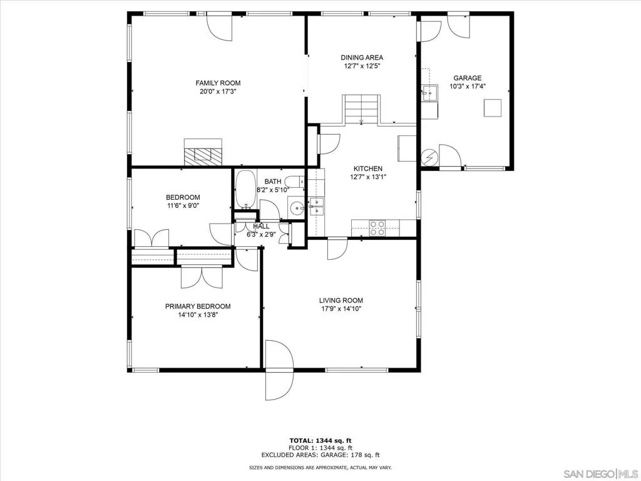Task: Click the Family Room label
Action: (218, 83)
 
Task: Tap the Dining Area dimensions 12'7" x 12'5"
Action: (362, 66)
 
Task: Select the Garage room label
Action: (467, 78)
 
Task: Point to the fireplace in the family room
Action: (203, 152)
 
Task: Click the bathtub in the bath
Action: (245, 190)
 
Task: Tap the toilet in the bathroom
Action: (294, 181)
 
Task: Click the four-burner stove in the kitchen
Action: (377, 228)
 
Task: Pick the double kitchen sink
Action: (316, 206)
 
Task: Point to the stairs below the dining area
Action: (361, 109)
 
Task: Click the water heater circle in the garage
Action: (429, 157)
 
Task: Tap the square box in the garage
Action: (492, 108)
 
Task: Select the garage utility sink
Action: (429, 93)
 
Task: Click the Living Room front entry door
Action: (279, 370)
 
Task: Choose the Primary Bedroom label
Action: (198, 306)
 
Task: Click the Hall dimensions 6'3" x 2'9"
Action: (261, 235)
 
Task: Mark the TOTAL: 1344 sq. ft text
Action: (320, 440)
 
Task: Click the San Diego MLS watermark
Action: (601, 473)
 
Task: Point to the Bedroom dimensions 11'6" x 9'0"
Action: (183, 205)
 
